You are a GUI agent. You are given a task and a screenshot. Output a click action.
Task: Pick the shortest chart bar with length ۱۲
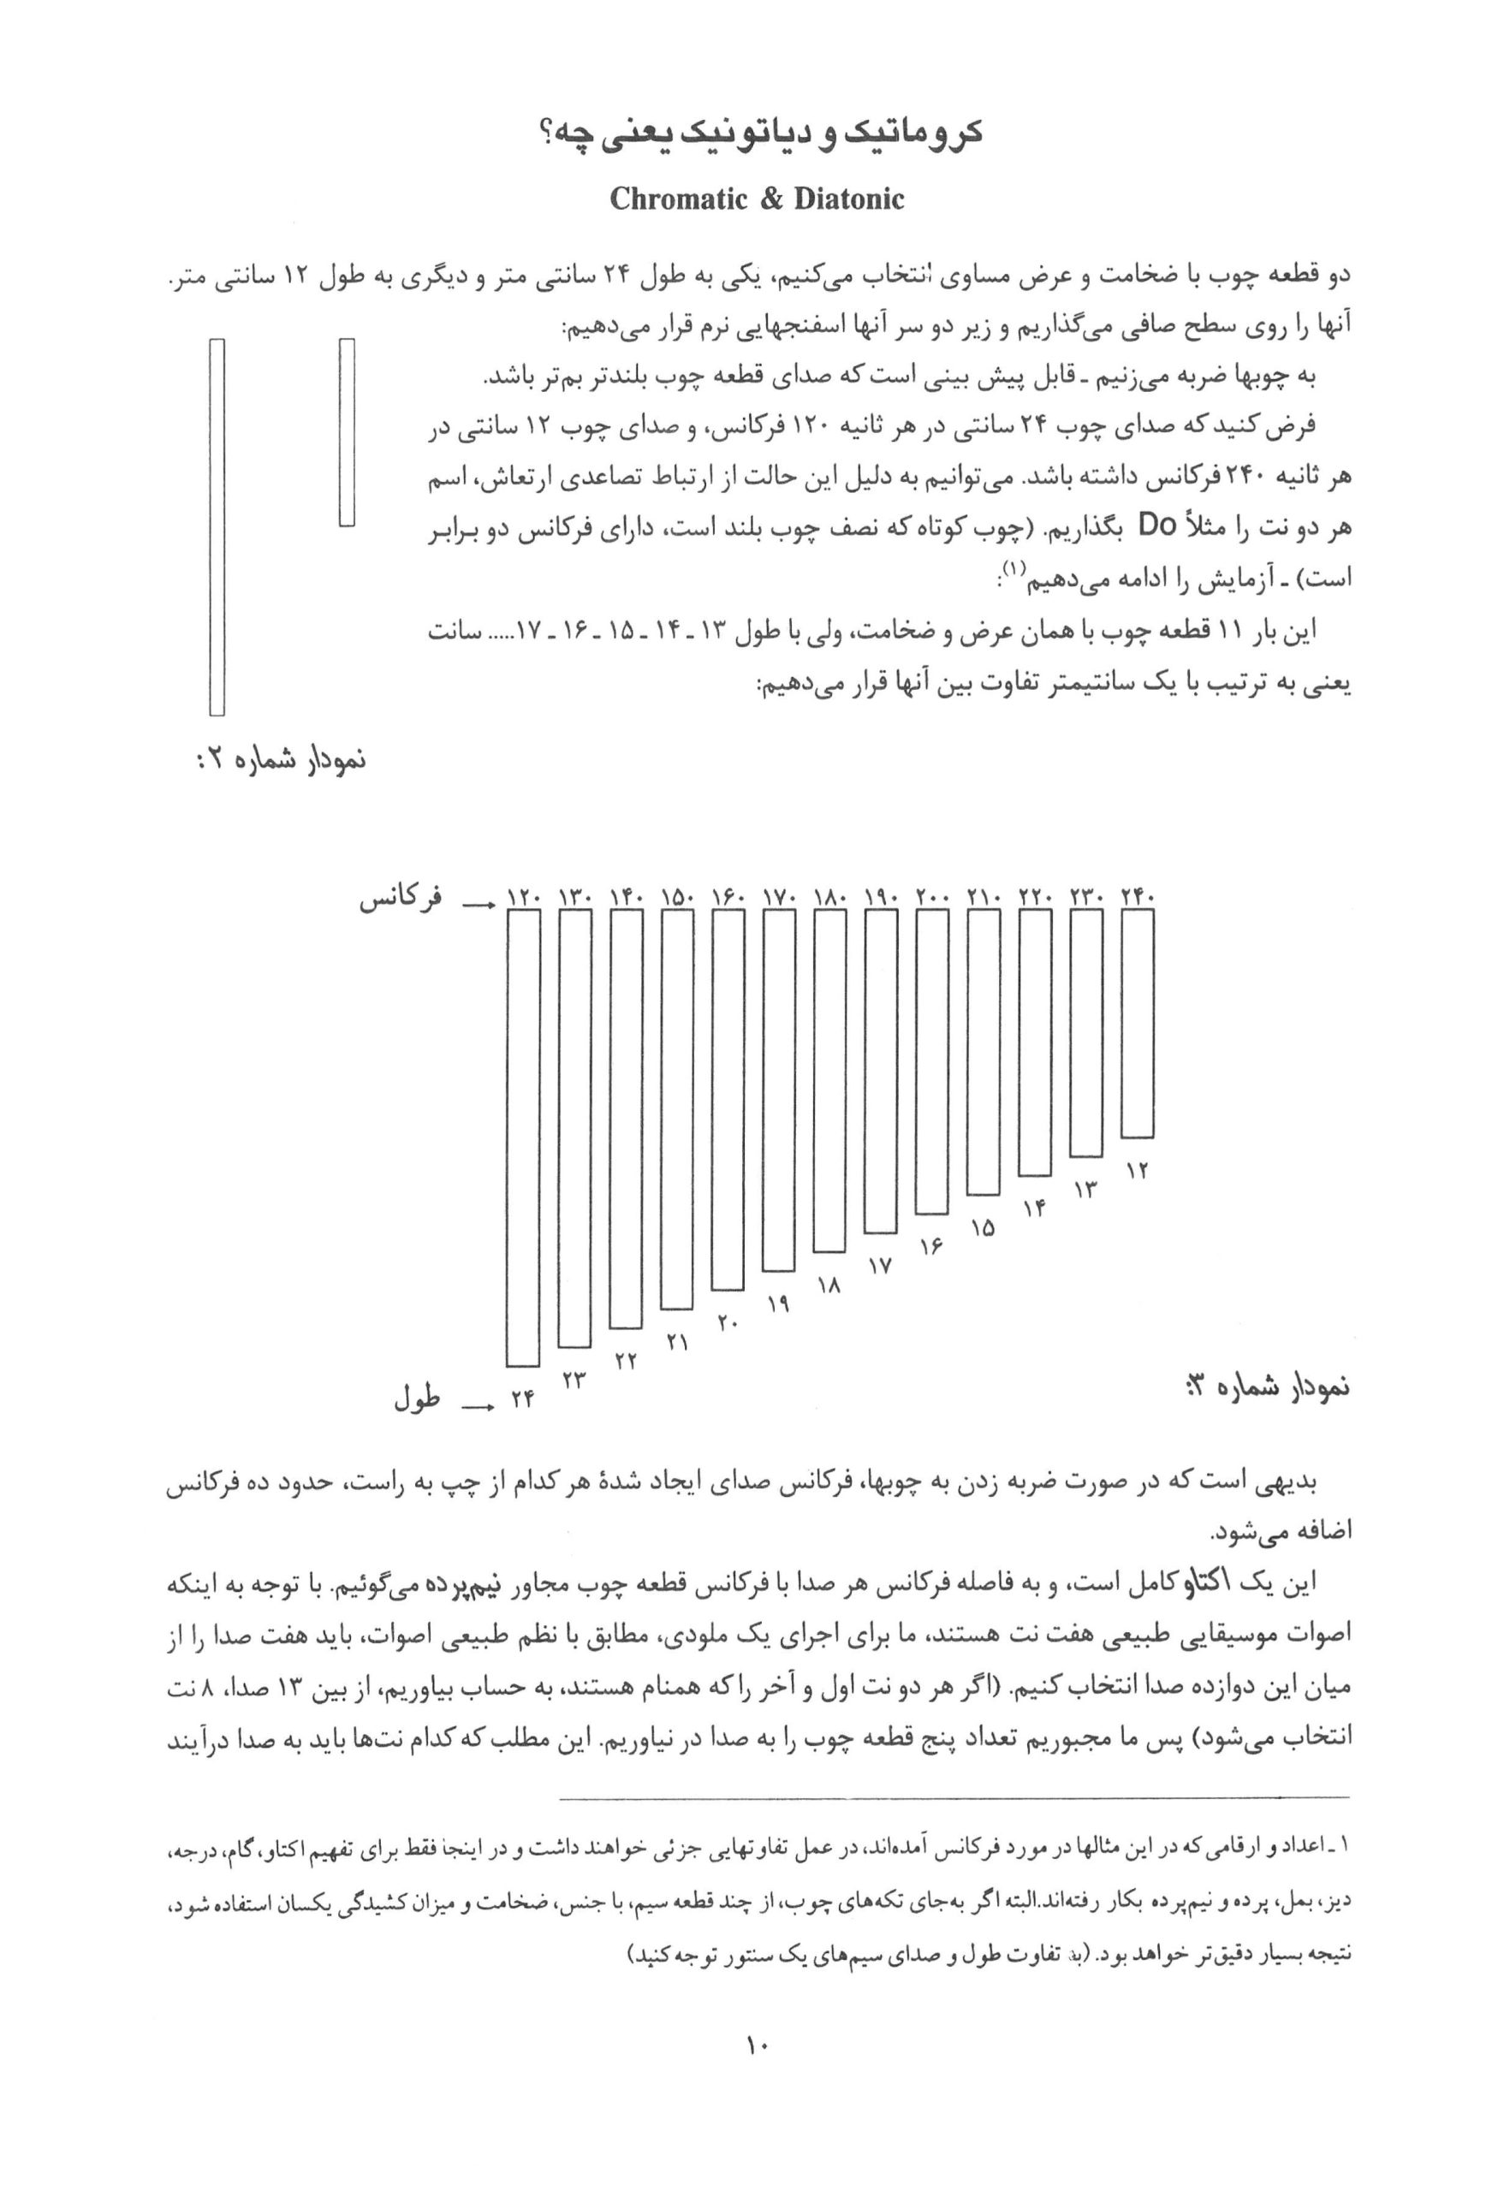point(1137,1023)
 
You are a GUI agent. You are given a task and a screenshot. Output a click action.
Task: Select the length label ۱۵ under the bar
point(984,1228)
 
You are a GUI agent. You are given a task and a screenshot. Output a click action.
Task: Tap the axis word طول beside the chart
point(418,1399)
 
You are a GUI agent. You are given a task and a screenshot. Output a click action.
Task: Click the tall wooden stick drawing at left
point(217,527)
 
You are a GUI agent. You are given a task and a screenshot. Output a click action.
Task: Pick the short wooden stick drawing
point(347,432)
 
